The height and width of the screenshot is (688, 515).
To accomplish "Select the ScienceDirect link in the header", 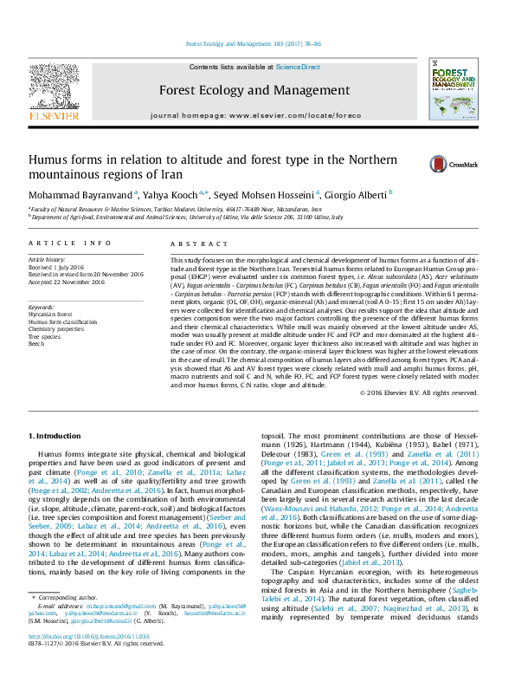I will (x=298, y=67).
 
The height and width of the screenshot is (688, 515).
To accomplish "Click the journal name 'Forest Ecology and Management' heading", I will (x=254, y=90).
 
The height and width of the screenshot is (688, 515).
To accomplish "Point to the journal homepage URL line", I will (x=254, y=115).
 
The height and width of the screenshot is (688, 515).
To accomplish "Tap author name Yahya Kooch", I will (x=173, y=194).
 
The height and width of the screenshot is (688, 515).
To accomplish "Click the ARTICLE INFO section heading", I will (x=70, y=244).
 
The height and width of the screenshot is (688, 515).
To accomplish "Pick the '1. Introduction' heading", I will (x=55, y=436).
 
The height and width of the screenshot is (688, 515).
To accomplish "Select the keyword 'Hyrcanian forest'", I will (x=50, y=315).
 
